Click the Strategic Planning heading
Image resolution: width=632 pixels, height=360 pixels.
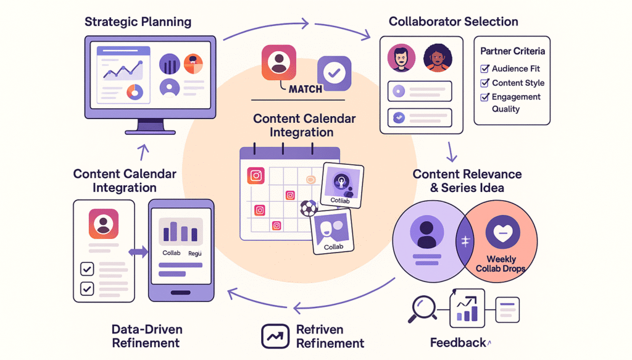coord(138,22)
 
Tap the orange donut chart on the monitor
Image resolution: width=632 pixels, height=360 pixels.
coord(135,92)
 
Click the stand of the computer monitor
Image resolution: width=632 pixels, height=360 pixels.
coord(151,126)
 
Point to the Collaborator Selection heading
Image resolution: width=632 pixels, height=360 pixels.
coord(453,22)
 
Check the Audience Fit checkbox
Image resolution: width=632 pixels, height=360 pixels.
coord(484,69)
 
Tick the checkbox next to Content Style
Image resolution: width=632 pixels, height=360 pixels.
coord(484,83)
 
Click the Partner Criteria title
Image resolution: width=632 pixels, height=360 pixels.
coord(513,51)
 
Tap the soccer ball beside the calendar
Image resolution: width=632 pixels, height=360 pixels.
coord(308,208)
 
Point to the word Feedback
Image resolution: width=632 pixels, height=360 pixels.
coord(457,342)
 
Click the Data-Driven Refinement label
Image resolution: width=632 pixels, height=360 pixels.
coord(146,336)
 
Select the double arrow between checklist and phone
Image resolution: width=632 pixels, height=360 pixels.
coord(138,253)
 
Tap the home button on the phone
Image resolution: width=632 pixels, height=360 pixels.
coord(181,292)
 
